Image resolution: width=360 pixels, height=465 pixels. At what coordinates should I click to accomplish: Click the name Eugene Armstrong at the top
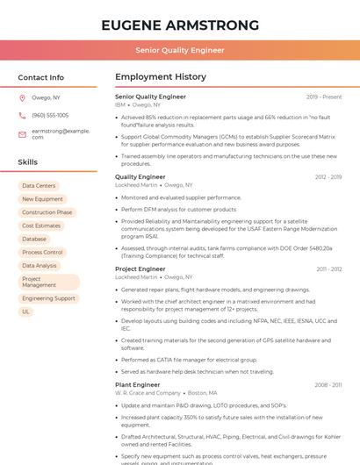180,25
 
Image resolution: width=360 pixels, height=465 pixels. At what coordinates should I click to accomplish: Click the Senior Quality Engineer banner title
180,51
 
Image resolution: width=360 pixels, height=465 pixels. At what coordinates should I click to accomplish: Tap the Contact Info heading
41,77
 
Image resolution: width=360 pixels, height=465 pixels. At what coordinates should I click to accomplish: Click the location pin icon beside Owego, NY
23,98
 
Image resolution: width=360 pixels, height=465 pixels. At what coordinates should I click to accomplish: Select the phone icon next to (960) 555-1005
23,115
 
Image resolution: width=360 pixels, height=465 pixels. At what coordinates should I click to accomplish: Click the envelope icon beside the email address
23,134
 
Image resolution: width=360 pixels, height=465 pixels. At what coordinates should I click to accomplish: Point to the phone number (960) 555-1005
50,115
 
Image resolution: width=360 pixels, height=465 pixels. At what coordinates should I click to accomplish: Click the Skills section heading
28,162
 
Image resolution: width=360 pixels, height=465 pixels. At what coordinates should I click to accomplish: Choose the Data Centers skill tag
39,186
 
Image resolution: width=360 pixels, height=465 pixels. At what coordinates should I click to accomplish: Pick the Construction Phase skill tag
47,212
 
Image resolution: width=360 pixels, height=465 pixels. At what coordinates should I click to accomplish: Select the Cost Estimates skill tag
41,225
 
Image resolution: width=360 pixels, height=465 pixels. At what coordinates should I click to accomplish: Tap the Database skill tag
34,239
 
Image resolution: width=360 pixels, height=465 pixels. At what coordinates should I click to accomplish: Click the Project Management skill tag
47,282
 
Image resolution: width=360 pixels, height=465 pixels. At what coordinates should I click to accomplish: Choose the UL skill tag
26,311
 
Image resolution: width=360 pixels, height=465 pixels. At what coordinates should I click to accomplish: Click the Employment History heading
161,77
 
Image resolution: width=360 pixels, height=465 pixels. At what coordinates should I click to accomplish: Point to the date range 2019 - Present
324,97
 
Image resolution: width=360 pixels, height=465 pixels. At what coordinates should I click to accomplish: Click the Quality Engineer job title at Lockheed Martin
140,177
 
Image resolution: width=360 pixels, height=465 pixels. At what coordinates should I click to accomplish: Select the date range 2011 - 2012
328,269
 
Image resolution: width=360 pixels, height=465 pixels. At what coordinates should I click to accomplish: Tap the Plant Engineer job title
138,385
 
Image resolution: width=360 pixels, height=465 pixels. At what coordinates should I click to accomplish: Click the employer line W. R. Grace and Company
148,393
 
